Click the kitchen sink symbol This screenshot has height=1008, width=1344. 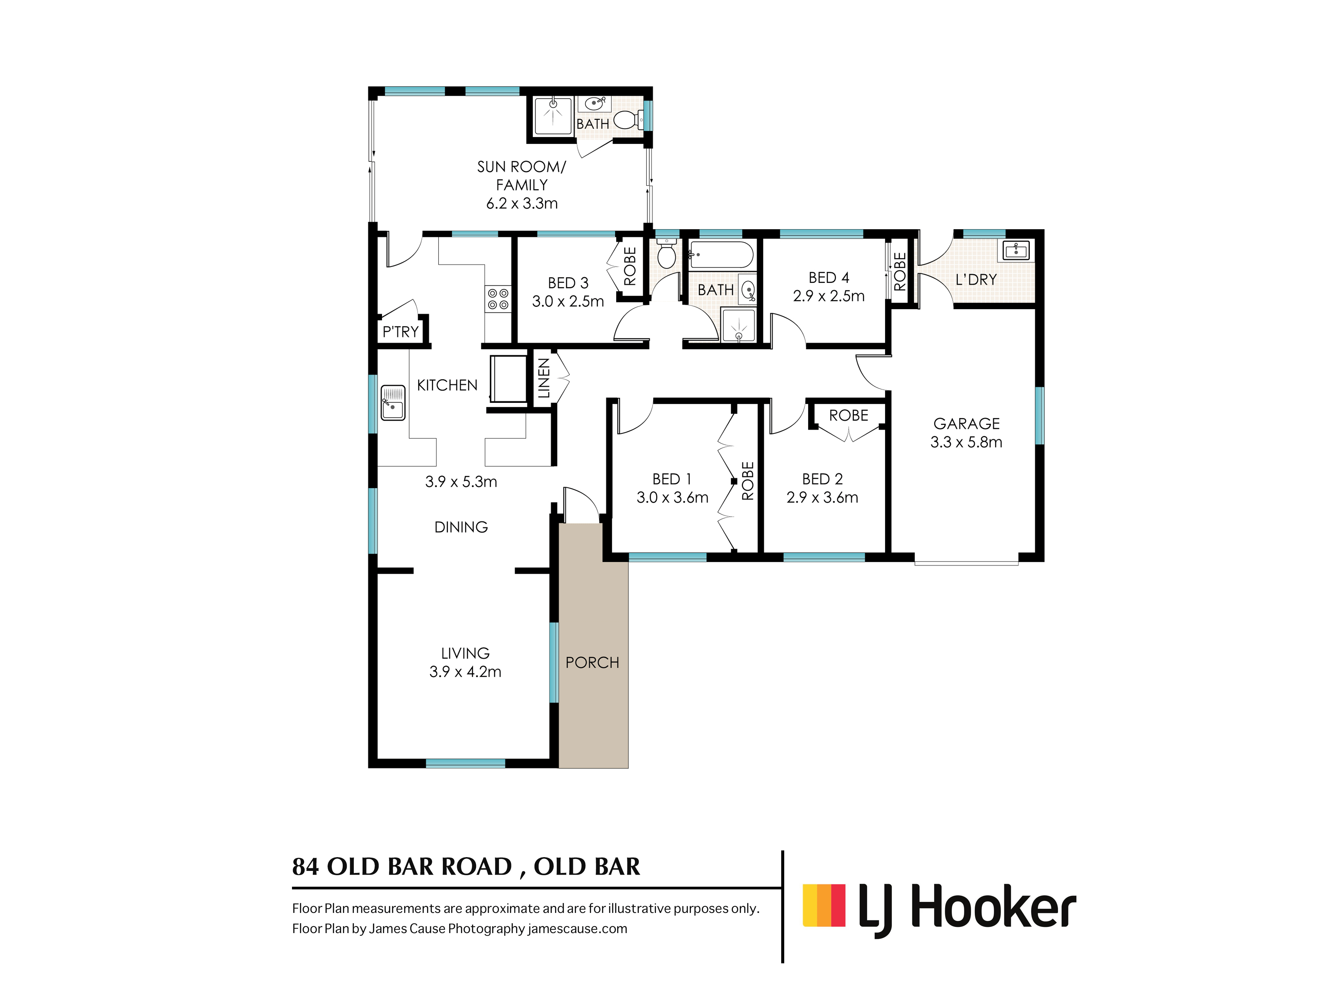392,402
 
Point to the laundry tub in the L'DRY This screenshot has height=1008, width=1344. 1016,250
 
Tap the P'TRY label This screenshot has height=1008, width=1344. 401,332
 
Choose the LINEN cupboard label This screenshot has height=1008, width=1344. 544,378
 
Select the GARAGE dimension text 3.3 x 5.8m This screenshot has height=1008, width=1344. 966,442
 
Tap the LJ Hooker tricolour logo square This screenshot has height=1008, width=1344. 824,905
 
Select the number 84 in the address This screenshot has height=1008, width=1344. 306,867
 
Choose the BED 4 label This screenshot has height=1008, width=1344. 829,278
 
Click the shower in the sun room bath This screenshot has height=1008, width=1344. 553,116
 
